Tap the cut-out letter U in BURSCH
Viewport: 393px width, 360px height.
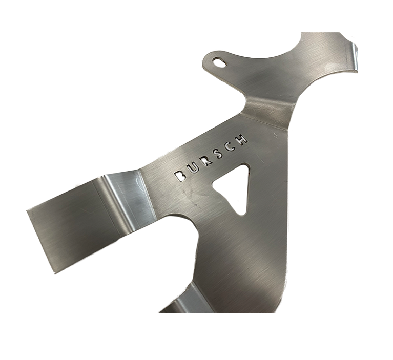click(x=193, y=167)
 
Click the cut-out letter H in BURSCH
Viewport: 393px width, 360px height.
click(x=243, y=138)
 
